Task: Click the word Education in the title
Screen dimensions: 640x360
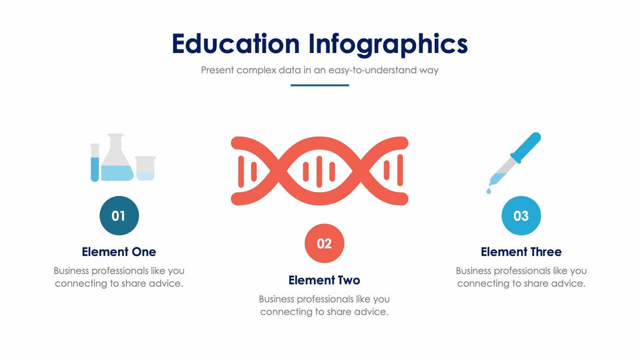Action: point(236,43)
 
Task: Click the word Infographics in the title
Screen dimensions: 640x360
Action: point(388,44)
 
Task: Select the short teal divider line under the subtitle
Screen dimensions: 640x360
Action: point(319,86)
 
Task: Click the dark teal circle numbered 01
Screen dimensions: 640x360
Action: point(119,216)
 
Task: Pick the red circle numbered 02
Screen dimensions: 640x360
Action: point(325,243)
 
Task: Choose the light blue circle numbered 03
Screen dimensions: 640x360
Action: point(521,216)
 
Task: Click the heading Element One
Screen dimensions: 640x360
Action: point(119,252)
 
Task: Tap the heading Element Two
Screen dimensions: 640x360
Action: point(325,280)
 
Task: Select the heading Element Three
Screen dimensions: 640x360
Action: point(521,252)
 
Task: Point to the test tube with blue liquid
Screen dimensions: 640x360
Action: point(95,163)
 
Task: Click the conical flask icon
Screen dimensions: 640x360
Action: point(117,157)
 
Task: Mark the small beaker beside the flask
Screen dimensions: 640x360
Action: point(145,168)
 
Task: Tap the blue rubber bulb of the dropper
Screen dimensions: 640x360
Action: point(526,148)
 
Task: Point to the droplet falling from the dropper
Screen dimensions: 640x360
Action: point(489,191)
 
